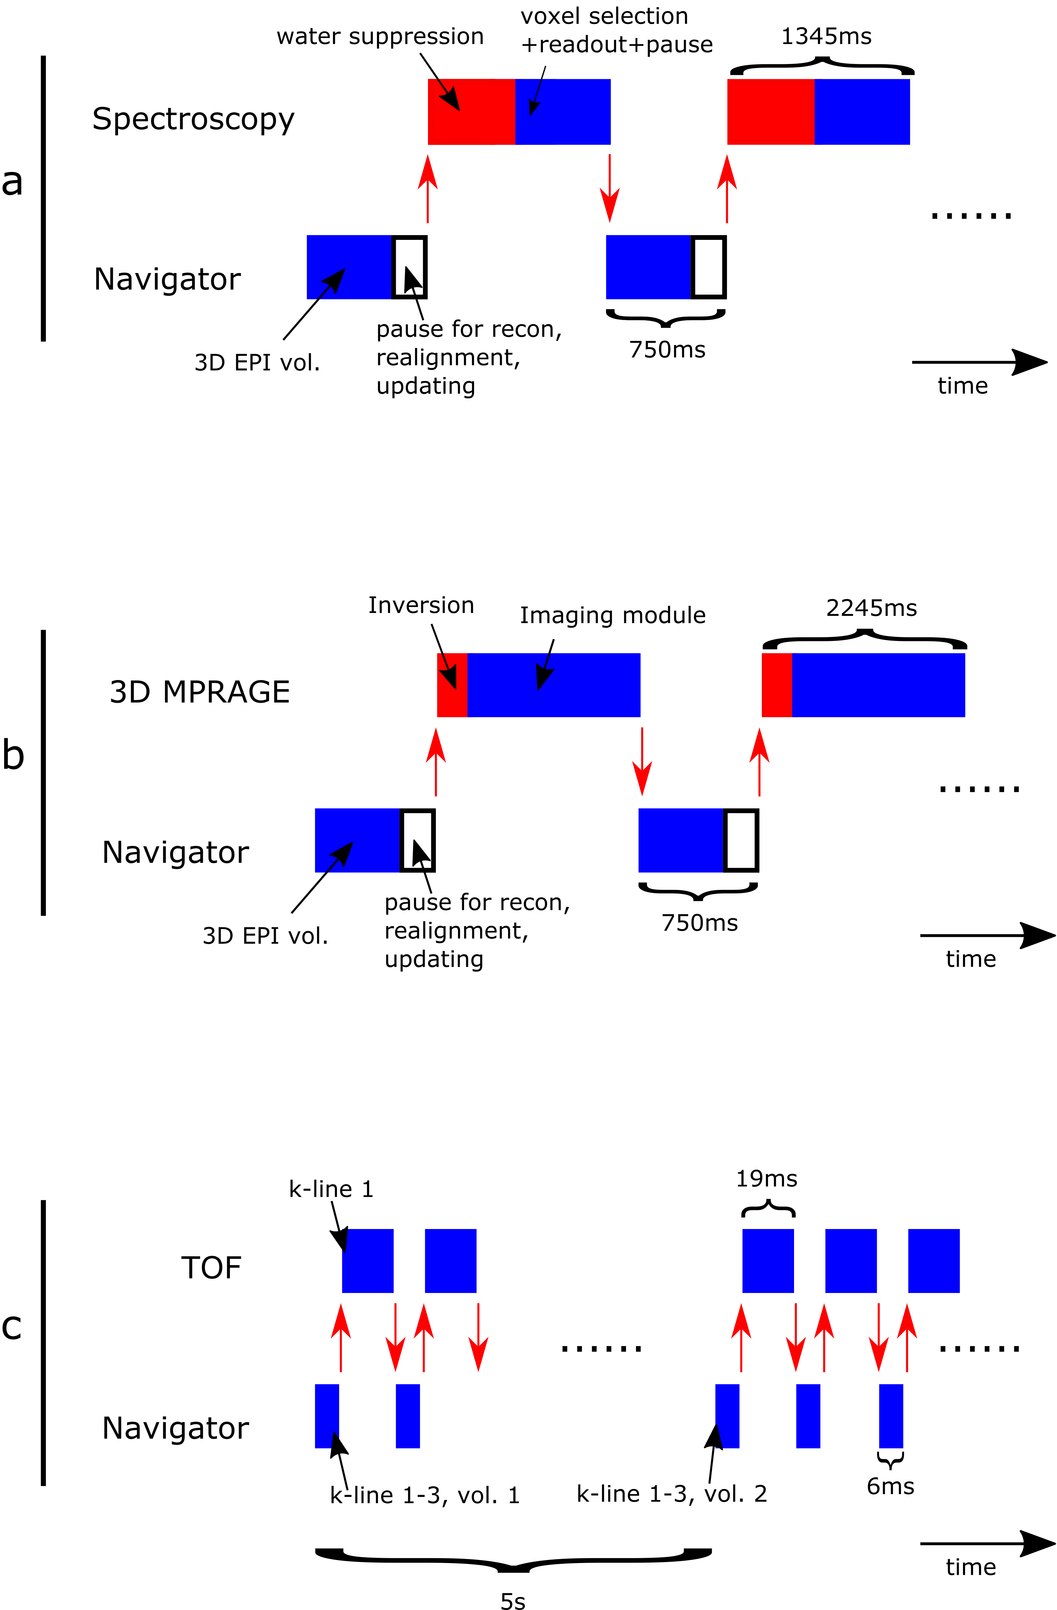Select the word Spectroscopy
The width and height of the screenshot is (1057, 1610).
click(x=194, y=120)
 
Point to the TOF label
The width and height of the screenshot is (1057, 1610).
click(x=211, y=1268)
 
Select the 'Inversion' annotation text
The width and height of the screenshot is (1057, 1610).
click(x=421, y=605)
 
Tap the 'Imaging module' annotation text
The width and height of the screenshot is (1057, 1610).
click(x=612, y=616)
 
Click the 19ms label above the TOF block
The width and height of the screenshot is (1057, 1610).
click(x=766, y=1179)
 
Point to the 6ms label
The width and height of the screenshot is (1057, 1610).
click(x=890, y=1487)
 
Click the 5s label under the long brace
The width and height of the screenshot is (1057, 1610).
click(x=513, y=1601)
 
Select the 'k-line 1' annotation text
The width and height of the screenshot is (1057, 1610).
click(x=331, y=1189)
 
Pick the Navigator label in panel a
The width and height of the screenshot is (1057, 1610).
click(x=167, y=279)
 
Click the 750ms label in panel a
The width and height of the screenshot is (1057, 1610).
click(x=667, y=350)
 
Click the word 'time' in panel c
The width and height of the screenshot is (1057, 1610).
click(x=971, y=1567)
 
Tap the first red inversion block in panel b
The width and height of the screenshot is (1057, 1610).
click(x=452, y=685)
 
